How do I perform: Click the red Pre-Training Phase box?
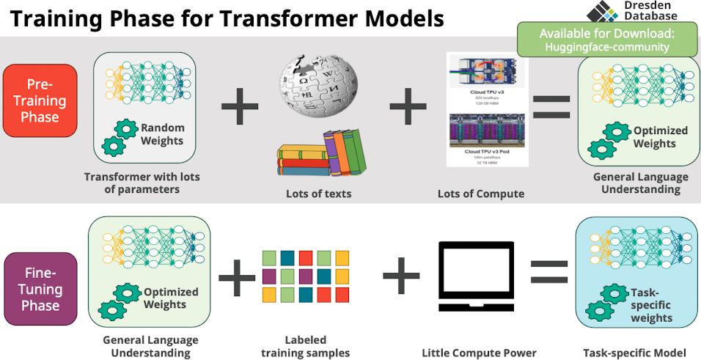[40, 101]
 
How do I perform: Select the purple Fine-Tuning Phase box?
[40, 288]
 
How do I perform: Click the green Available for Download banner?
[607, 40]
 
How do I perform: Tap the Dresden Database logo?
[603, 12]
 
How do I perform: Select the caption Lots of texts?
[318, 194]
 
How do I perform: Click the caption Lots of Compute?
[480, 194]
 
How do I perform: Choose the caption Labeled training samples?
[305, 347]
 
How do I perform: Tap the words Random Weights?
[163, 133]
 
